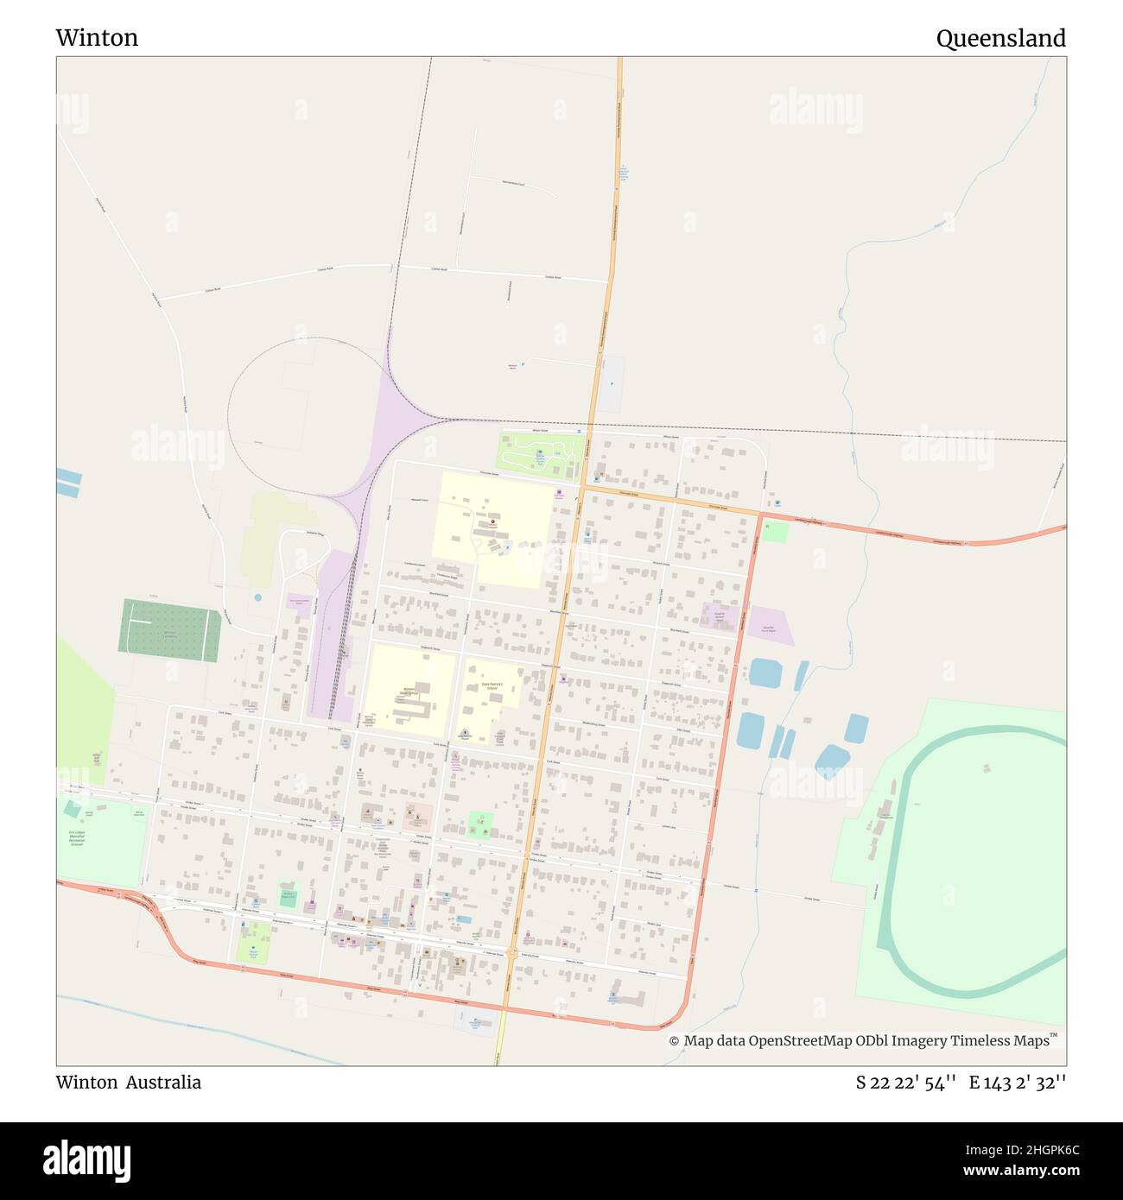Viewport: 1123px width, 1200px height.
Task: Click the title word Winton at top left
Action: (97, 38)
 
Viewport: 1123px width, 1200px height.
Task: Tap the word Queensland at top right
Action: (1000, 38)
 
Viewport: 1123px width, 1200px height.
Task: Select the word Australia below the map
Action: (163, 1083)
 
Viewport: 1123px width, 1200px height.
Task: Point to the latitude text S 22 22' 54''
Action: (905, 1083)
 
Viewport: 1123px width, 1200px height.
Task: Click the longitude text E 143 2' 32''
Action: (1017, 1083)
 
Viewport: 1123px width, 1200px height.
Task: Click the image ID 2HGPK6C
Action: (1036, 1150)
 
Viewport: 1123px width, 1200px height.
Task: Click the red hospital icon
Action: (493, 522)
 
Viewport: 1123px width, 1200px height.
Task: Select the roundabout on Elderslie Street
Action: (512, 954)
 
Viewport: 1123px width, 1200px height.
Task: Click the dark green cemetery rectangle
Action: (169, 631)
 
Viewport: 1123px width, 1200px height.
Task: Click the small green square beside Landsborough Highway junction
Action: (775, 532)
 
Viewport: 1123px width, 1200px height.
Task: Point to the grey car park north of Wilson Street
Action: (612, 384)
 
